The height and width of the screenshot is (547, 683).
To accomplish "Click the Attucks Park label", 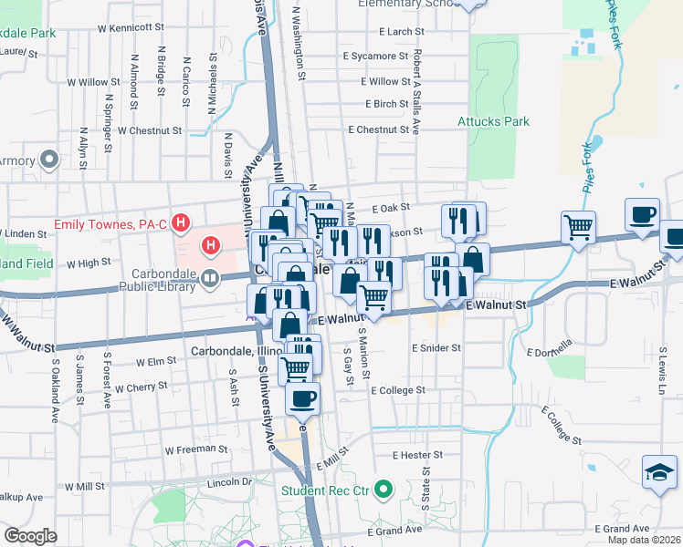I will coord(493,121).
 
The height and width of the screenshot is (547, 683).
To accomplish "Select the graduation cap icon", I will coord(660,473).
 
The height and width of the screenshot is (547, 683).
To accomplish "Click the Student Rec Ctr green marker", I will coord(384,490).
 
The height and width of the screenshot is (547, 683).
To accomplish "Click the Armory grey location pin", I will coord(50,161).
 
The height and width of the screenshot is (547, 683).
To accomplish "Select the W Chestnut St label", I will coord(151,130).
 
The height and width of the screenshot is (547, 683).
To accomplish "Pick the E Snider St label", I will coord(436,348).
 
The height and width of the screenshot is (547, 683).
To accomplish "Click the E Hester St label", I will coord(417,454).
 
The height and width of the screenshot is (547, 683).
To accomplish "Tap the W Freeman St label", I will coord(195,449).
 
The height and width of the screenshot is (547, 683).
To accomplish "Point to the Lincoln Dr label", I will coord(229,481).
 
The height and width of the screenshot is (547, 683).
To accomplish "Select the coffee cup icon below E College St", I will coord(303,397).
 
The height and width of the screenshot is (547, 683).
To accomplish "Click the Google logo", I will coord(31,536).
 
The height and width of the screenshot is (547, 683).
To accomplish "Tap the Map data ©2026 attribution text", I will coord(644,540).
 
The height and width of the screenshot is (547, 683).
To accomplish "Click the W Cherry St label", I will coord(140,387).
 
